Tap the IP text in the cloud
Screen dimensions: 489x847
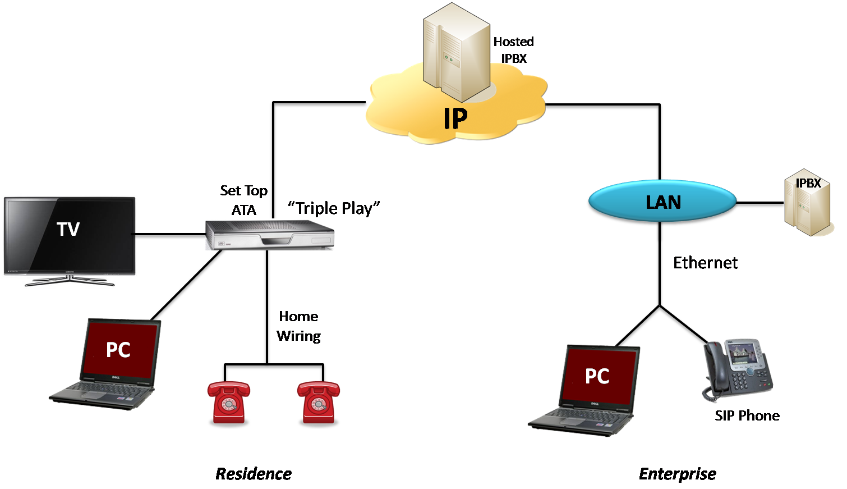pos(455,118)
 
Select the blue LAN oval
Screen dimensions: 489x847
pos(662,202)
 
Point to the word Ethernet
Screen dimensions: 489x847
pos(705,263)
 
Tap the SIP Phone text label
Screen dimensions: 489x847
pos(747,416)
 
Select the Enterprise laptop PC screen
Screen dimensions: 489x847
pos(598,375)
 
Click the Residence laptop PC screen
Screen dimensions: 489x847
pos(119,349)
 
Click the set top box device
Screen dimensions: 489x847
pos(270,235)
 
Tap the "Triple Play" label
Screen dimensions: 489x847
pos(334,208)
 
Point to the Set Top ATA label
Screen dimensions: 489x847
pos(243,200)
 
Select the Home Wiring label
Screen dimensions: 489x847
pos(298,326)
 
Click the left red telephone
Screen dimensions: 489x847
pos(228,402)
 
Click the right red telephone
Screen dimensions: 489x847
pos(318,402)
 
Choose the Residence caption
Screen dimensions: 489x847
pos(254,474)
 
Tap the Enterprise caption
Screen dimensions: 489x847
pos(677,474)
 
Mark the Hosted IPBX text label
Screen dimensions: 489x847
pos(513,50)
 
